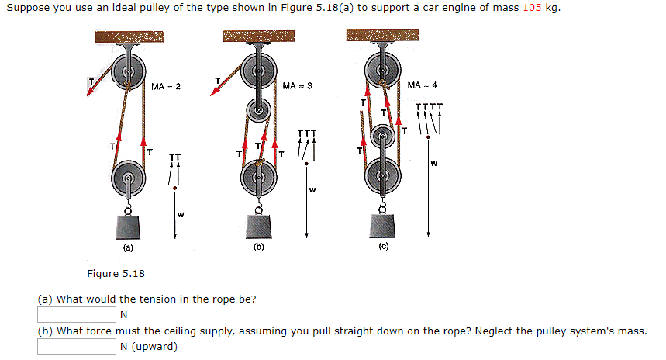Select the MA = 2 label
[166, 85]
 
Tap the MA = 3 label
[297, 85]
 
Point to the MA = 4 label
[423, 85]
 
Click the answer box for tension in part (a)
[76, 314]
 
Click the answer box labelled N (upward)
[76, 346]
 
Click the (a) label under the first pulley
[127, 249]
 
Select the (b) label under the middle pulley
[258, 249]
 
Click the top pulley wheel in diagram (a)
[128, 73]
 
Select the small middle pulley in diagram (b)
[259, 110]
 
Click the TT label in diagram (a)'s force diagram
[175, 157]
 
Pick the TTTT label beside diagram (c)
[429, 107]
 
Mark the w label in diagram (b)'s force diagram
[312, 190]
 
